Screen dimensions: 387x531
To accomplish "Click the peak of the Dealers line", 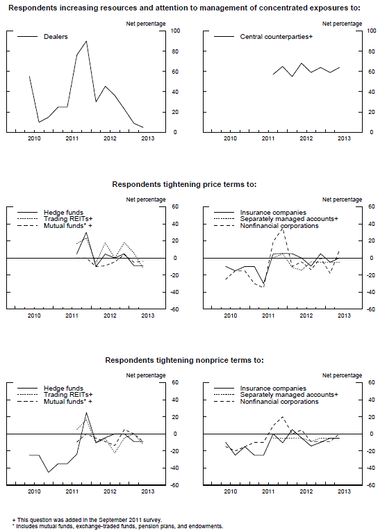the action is [86, 41].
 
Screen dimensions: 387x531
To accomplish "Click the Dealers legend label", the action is [56, 37].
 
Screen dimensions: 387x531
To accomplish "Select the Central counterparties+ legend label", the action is [277, 37].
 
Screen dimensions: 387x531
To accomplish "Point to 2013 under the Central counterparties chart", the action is [344, 138].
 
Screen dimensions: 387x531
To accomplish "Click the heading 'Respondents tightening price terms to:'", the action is [184, 184].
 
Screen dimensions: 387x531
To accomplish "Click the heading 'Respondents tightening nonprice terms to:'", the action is [184, 360].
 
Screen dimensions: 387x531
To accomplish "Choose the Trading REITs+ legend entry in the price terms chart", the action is [68, 219].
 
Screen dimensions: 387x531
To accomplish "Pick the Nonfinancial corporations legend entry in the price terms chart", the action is [279, 226].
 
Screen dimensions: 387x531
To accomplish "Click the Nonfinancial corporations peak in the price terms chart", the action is [282, 229].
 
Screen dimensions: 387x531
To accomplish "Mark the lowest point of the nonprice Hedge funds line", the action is [49, 472].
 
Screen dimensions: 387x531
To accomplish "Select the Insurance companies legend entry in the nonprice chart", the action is [273, 389].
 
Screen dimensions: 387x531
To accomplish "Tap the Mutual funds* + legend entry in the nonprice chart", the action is [67, 402].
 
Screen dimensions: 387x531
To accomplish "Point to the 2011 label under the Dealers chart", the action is [72, 138].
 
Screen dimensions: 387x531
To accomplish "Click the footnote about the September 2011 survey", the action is [87, 520].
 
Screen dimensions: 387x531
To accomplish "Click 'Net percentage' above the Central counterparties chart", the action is [342, 24].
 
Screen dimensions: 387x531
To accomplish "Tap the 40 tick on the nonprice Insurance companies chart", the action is [372, 400].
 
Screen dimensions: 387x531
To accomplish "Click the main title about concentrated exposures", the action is [184, 8].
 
